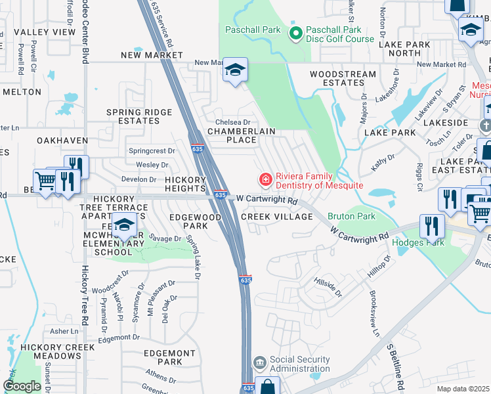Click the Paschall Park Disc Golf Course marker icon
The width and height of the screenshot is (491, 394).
[x=295, y=32]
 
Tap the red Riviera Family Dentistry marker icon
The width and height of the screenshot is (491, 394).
[x=265, y=179]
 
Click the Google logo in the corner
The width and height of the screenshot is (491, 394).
[x=21, y=386]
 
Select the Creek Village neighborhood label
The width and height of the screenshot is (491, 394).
[x=276, y=217]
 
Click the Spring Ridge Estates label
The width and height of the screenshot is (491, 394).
[x=140, y=116]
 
